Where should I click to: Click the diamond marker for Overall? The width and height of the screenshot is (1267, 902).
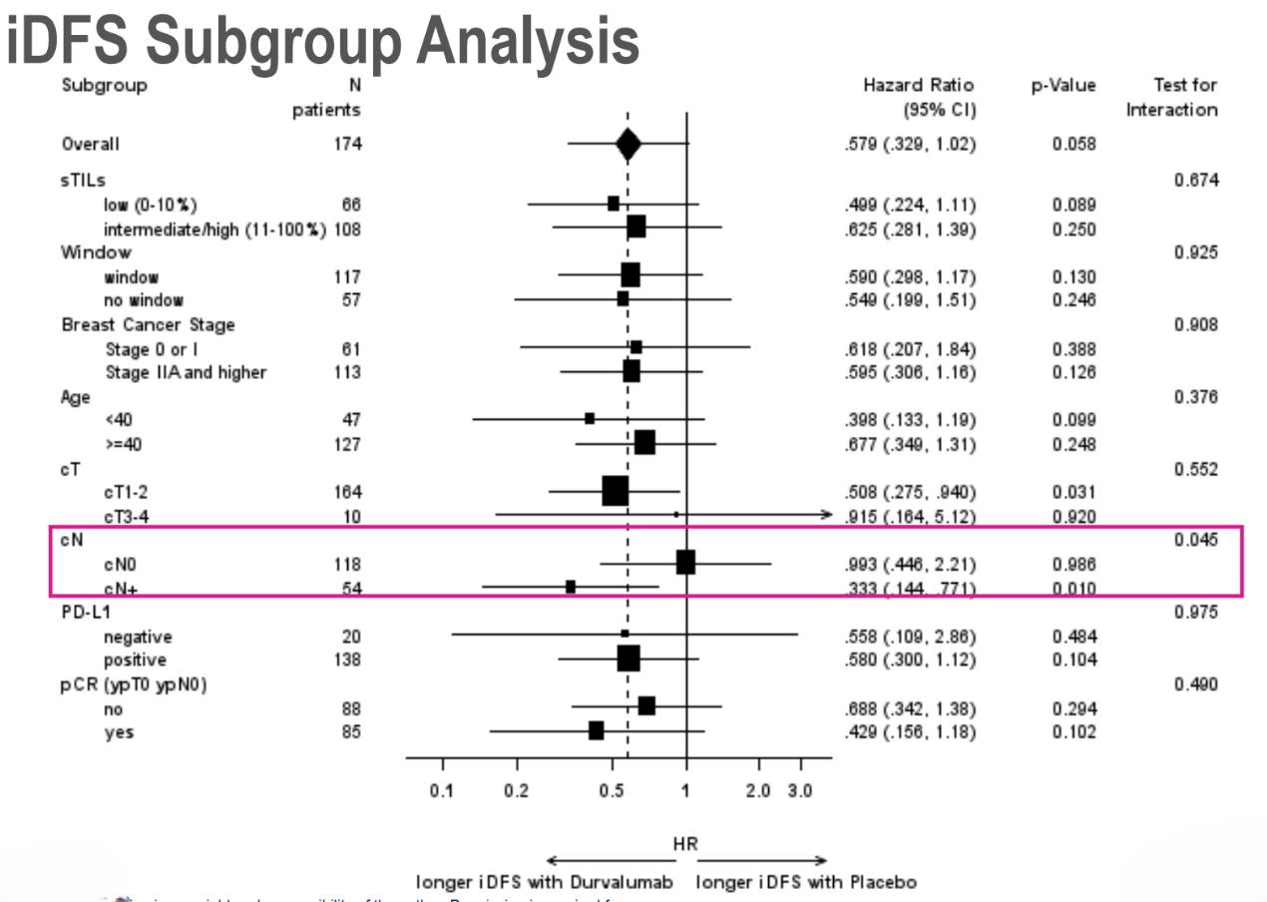point(628,144)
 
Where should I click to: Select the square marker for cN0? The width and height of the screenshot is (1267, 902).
point(685,563)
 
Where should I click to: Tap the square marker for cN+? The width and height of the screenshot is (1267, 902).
point(570,587)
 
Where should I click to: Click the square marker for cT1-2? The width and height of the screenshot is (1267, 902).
point(615,491)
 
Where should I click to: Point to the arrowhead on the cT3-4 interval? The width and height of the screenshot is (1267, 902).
point(825,515)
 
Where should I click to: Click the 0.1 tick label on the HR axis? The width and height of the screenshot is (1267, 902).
point(441,790)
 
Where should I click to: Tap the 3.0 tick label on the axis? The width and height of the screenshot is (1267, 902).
point(800,790)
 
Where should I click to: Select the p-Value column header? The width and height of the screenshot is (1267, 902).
point(1063,86)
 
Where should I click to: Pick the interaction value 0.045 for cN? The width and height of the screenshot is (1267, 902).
point(1195,540)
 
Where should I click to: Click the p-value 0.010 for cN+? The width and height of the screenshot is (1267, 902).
point(1073,588)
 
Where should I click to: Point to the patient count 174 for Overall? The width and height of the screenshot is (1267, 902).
point(348,144)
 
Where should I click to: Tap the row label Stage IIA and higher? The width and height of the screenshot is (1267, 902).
point(186,372)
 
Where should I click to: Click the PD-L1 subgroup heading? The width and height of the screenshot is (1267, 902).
point(86,612)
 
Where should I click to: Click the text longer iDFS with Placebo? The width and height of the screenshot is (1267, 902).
point(806,882)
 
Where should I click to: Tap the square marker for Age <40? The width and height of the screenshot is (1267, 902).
point(590,419)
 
